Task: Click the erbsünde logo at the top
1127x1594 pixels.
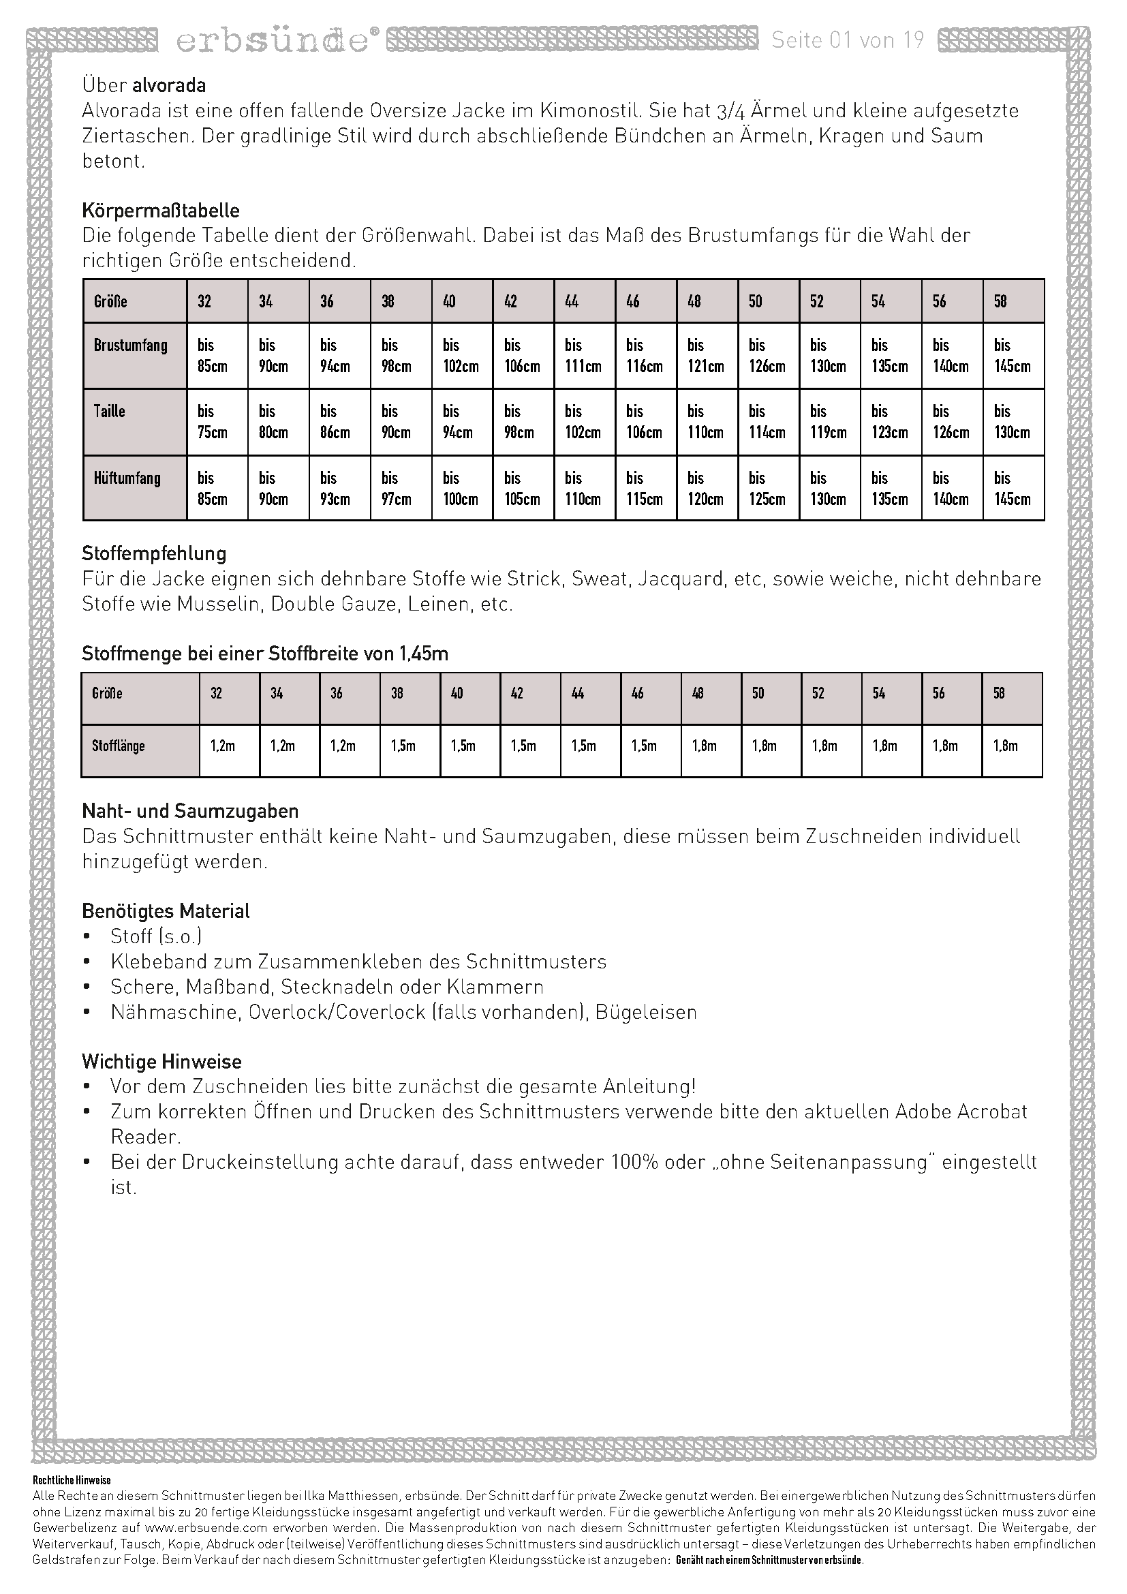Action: click(272, 41)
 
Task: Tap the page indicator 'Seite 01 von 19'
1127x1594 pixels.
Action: click(848, 40)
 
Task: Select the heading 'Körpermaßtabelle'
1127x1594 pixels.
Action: click(161, 211)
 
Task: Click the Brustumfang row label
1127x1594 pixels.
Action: click(131, 346)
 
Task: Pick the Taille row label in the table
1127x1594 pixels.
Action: click(110, 411)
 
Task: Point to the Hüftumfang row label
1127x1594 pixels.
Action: click(127, 478)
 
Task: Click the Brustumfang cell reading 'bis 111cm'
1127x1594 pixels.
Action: click(583, 356)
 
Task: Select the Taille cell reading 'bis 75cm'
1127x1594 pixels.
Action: click(213, 421)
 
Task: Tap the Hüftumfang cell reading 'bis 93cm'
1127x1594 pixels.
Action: click(335, 488)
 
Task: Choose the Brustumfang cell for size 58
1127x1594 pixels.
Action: click(1013, 356)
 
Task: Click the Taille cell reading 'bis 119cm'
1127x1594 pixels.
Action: click(829, 421)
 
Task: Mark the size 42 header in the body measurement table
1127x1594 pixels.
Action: click(511, 301)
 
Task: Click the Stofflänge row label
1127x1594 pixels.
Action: click(119, 746)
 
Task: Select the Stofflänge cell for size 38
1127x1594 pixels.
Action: click(403, 746)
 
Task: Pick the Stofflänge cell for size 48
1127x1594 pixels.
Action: click(705, 746)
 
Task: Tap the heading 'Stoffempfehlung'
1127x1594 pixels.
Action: click(154, 553)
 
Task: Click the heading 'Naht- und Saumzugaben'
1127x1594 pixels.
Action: click(190, 811)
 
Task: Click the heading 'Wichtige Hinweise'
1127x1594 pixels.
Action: click(161, 1062)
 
